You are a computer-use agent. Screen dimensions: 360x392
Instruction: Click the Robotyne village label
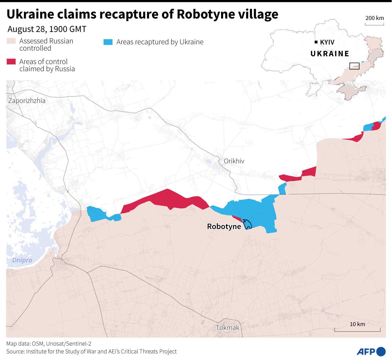click(224, 227)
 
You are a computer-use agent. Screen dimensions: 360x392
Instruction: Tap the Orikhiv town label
click(234, 161)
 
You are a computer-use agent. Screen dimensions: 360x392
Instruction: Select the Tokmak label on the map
click(227, 328)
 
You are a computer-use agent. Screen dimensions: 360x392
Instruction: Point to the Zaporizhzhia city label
click(27, 101)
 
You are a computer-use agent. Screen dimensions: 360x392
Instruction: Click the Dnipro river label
click(22, 260)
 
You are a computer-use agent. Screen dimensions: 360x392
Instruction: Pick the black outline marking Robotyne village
click(247, 224)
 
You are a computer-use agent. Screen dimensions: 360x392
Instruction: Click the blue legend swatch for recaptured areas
click(108, 42)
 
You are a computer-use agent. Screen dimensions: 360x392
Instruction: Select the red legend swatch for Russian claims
click(11, 62)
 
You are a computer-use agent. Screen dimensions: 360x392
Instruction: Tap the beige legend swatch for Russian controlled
click(11, 41)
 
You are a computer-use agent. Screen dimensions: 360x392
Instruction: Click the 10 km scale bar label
click(357, 324)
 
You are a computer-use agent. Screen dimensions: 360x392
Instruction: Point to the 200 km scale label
click(375, 18)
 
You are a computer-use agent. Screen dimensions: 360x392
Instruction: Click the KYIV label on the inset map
click(327, 42)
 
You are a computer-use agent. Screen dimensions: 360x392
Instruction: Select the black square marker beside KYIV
click(316, 42)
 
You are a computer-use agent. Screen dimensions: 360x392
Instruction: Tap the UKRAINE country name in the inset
click(330, 54)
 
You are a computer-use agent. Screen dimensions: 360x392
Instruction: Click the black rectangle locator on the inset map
click(354, 66)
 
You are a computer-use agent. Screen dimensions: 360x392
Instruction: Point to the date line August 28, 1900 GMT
click(47, 29)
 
